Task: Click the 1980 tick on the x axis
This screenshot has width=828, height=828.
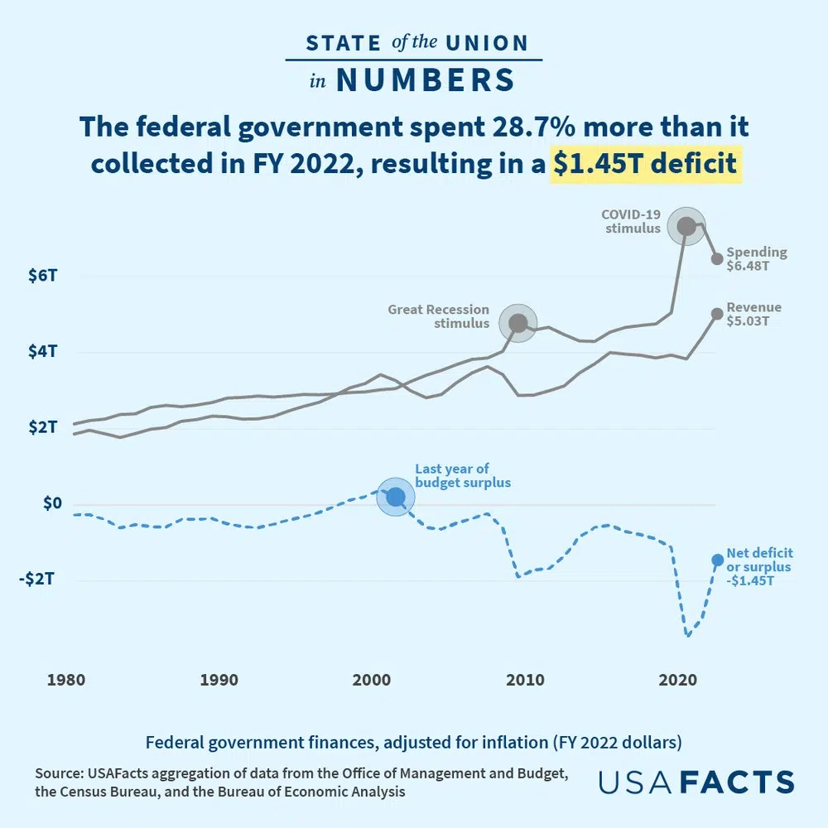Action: click(65, 681)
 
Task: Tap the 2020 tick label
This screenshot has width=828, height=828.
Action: click(677, 681)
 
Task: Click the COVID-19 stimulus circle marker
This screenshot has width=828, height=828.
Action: click(686, 226)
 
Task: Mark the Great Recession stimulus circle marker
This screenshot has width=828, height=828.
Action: click(518, 323)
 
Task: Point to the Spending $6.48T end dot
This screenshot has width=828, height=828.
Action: click(717, 259)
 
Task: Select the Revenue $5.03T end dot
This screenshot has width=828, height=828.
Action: click(717, 314)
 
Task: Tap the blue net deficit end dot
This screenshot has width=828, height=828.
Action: click(717, 560)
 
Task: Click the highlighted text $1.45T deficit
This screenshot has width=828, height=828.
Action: click(645, 163)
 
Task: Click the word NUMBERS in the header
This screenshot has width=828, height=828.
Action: click(425, 80)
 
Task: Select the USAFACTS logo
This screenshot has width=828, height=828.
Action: click(696, 782)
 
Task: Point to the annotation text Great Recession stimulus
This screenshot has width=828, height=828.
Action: click(439, 316)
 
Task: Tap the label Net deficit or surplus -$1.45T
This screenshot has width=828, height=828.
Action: click(758, 566)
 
